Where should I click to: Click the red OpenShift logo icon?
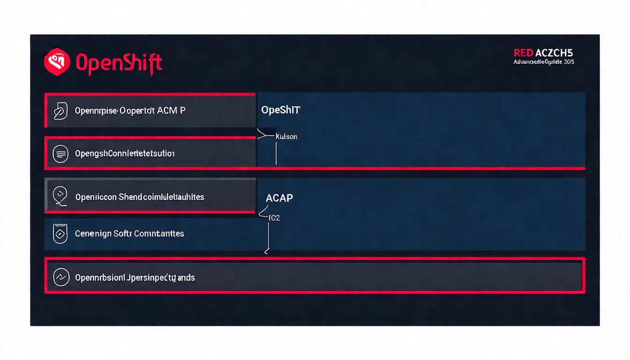click(x=57, y=62)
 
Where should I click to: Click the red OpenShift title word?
click(x=119, y=63)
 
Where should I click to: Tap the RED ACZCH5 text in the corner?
click(x=543, y=53)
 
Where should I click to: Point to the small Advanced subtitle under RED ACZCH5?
click(x=543, y=62)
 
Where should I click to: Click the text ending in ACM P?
click(x=130, y=111)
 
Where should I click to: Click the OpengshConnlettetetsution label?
click(x=125, y=154)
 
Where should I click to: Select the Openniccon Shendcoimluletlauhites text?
click(x=140, y=197)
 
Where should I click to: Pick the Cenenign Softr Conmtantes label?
click(x=129, y=233)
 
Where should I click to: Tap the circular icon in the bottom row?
click(x=61, y=277)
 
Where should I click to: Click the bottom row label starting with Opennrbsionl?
click(x=135, y=277)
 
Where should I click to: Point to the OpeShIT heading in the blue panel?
click(x=280, y=110)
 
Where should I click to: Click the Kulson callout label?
click(x=286, y=137)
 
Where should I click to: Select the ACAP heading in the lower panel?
click(x=279, y=198)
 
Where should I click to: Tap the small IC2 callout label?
click(x=274, y=218)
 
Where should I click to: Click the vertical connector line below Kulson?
click(x=276, y=154)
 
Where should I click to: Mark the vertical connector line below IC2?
click(x=268, y=237)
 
